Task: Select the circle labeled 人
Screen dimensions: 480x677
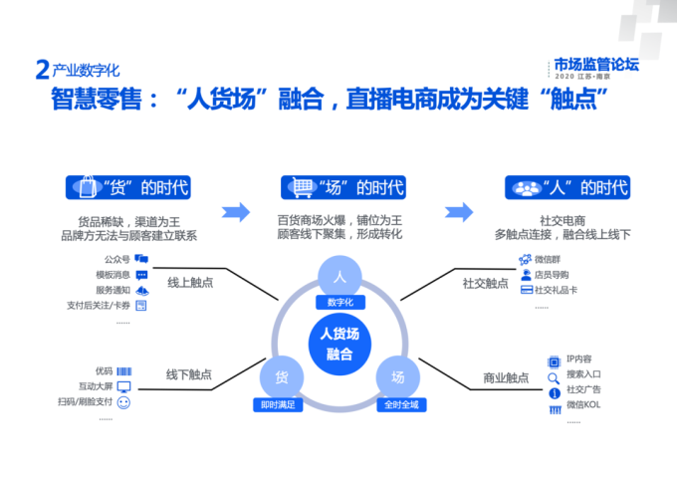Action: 339,276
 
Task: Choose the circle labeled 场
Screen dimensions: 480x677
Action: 397,377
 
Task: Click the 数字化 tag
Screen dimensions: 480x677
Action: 339,302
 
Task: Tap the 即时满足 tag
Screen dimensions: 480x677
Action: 280,404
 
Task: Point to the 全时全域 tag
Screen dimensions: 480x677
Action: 397,404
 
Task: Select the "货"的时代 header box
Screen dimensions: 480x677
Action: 127,187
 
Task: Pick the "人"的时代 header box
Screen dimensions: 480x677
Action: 566,187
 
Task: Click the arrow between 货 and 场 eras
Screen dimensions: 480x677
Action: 235,212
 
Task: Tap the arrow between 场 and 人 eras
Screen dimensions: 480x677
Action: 459,212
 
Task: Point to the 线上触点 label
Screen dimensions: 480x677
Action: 190,282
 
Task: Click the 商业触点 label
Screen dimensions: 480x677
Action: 506,377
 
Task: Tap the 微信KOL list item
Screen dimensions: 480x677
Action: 584,405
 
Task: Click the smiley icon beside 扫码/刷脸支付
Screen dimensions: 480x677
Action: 124,402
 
